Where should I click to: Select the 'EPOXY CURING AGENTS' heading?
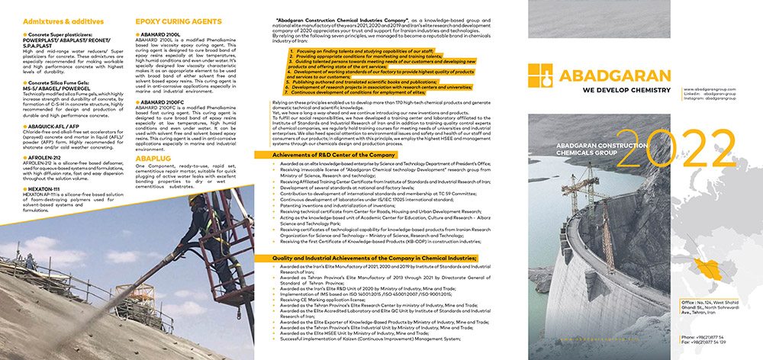click(x=178, y=23)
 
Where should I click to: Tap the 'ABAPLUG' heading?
click(x=154, y=158)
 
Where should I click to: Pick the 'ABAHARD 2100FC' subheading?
click(x=164, y=101)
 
